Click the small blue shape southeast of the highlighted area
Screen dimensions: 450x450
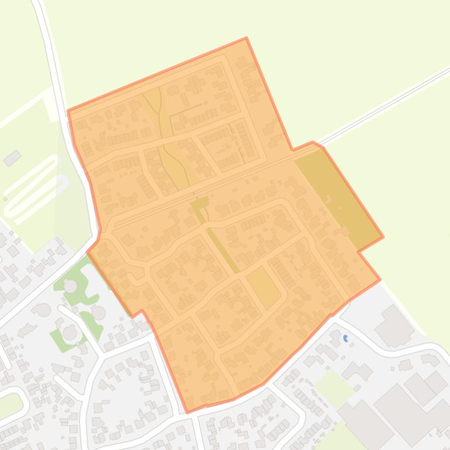click(x=346, y=338)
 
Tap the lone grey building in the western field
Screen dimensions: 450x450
click(x=12, y=158)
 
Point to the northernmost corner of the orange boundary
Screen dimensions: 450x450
click(x=246, y=38)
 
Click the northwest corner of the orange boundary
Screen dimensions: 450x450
click(x=68, y=110)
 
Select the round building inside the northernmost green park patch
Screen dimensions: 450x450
click(x=70, y=286)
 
